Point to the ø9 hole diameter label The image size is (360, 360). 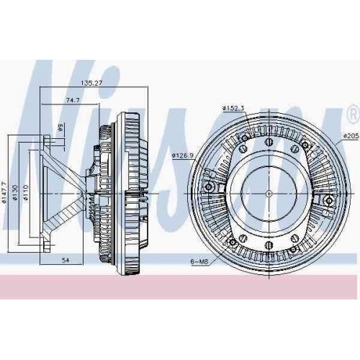(61, 127)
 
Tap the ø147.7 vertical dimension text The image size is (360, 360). (6, 191)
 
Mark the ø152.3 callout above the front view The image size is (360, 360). (234, 108)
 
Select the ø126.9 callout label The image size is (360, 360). (184, 153)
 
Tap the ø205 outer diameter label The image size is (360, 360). (351, 135)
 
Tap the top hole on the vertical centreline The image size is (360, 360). (268, 124)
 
